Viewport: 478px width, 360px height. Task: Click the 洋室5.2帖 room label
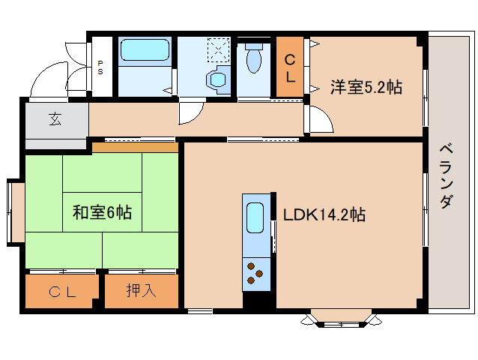point(366,87)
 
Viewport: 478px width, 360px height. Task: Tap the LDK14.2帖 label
point(324,215)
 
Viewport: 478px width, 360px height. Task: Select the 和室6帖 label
point(102,213)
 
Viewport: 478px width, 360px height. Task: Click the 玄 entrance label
point(55,118)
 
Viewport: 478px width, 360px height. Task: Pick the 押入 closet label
point(141,291)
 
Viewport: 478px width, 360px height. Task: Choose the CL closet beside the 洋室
point(291,67)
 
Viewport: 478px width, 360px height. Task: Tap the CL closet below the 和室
point(62,292)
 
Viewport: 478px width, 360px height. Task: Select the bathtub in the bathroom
point(145,51)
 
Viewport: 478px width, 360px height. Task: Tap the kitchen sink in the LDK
point(255,219)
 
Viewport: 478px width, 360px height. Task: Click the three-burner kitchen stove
point(255,273)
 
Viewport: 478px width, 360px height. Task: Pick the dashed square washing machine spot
point(217,49)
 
